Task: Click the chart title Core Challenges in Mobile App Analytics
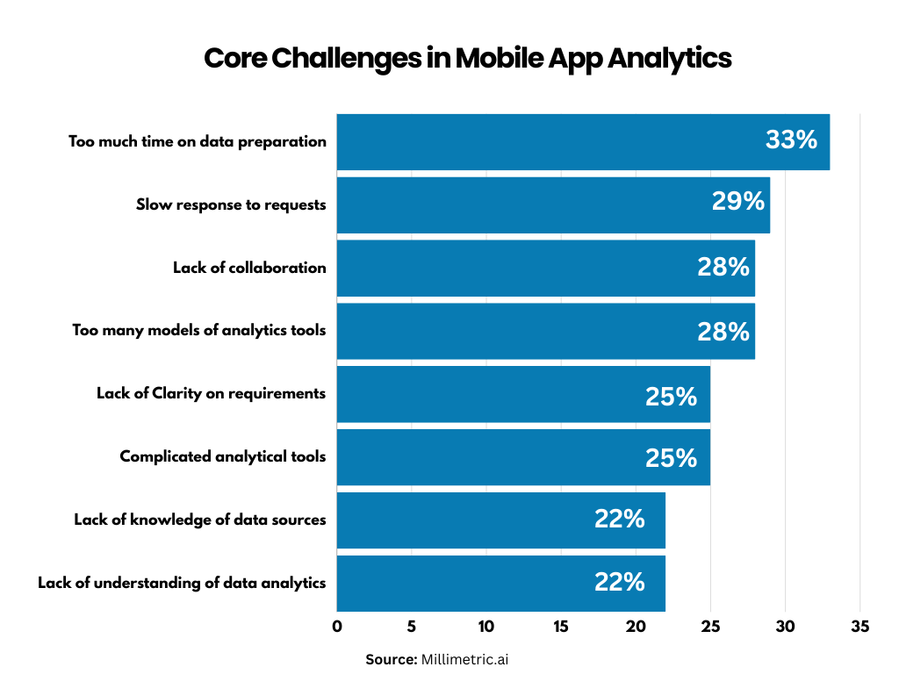click(x=467, y=59)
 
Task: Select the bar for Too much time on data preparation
click(x=544, y=141)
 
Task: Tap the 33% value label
click(x=791, y=140)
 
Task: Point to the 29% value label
click(x=737, y=202)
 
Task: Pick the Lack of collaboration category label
click(x=249, y=268)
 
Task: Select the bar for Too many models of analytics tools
click(x=509, y=331)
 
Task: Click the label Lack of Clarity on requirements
click(x=211, y=393)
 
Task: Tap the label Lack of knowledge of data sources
click(x=199, y=520)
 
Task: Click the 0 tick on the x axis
click(x=337, y=627)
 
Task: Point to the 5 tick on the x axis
click(x=412, y=627)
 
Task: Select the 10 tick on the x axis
click(x=486, y=627)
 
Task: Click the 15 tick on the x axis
click(x=561, y=627)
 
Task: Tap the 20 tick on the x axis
click(x=636, y=627)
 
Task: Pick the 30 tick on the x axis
click(x=785, y=627)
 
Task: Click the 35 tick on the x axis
click(x=859, y=627)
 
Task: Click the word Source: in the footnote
click(x=392, y=659)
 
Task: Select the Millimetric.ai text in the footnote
click(x=464, y=659)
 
